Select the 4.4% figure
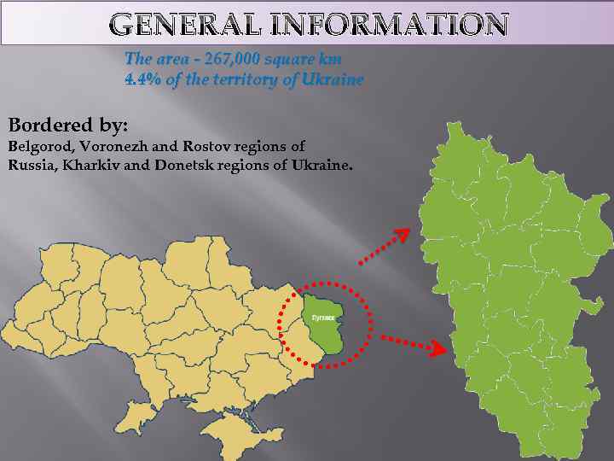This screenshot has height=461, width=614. tap(141, 79)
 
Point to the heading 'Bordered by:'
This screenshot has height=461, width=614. tap(68, 125)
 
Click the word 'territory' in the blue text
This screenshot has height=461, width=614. tap(239, 79)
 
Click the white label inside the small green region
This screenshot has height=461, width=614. tap(323, 317)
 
